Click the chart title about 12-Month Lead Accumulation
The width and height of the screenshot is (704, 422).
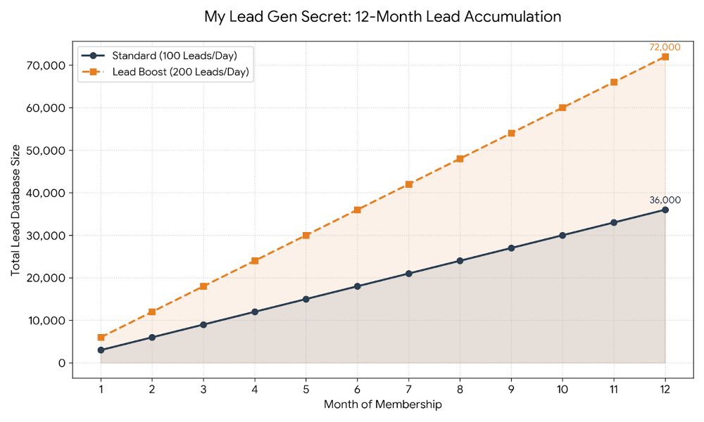(x=382, y=16)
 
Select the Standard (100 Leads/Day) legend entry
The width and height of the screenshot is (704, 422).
(x=166, y=56)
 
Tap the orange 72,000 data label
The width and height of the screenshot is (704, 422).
(x=665, y=47)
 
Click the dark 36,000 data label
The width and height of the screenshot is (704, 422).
(x=665, y=200)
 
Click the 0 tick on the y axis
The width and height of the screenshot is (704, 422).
(x=61, y=363)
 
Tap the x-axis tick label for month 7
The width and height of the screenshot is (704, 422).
(x=408, y=389)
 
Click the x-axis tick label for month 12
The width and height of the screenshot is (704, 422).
(x=665, y=389)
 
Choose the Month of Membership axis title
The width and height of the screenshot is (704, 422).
(x=382, y=404)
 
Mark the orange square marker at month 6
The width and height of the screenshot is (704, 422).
(x=357, y=210)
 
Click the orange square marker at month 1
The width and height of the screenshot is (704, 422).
(x=101, y=338)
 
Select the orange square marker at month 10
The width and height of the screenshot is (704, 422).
(x=562, y=108)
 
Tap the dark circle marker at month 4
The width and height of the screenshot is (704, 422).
(x=254, y=312)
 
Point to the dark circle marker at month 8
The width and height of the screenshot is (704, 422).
(x=460, y=261)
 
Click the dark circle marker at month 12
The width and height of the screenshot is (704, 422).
(x=665, y=210)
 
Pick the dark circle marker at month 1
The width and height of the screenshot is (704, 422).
(x=101, y=350)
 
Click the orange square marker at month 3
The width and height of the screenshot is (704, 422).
(x=203, y=286)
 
